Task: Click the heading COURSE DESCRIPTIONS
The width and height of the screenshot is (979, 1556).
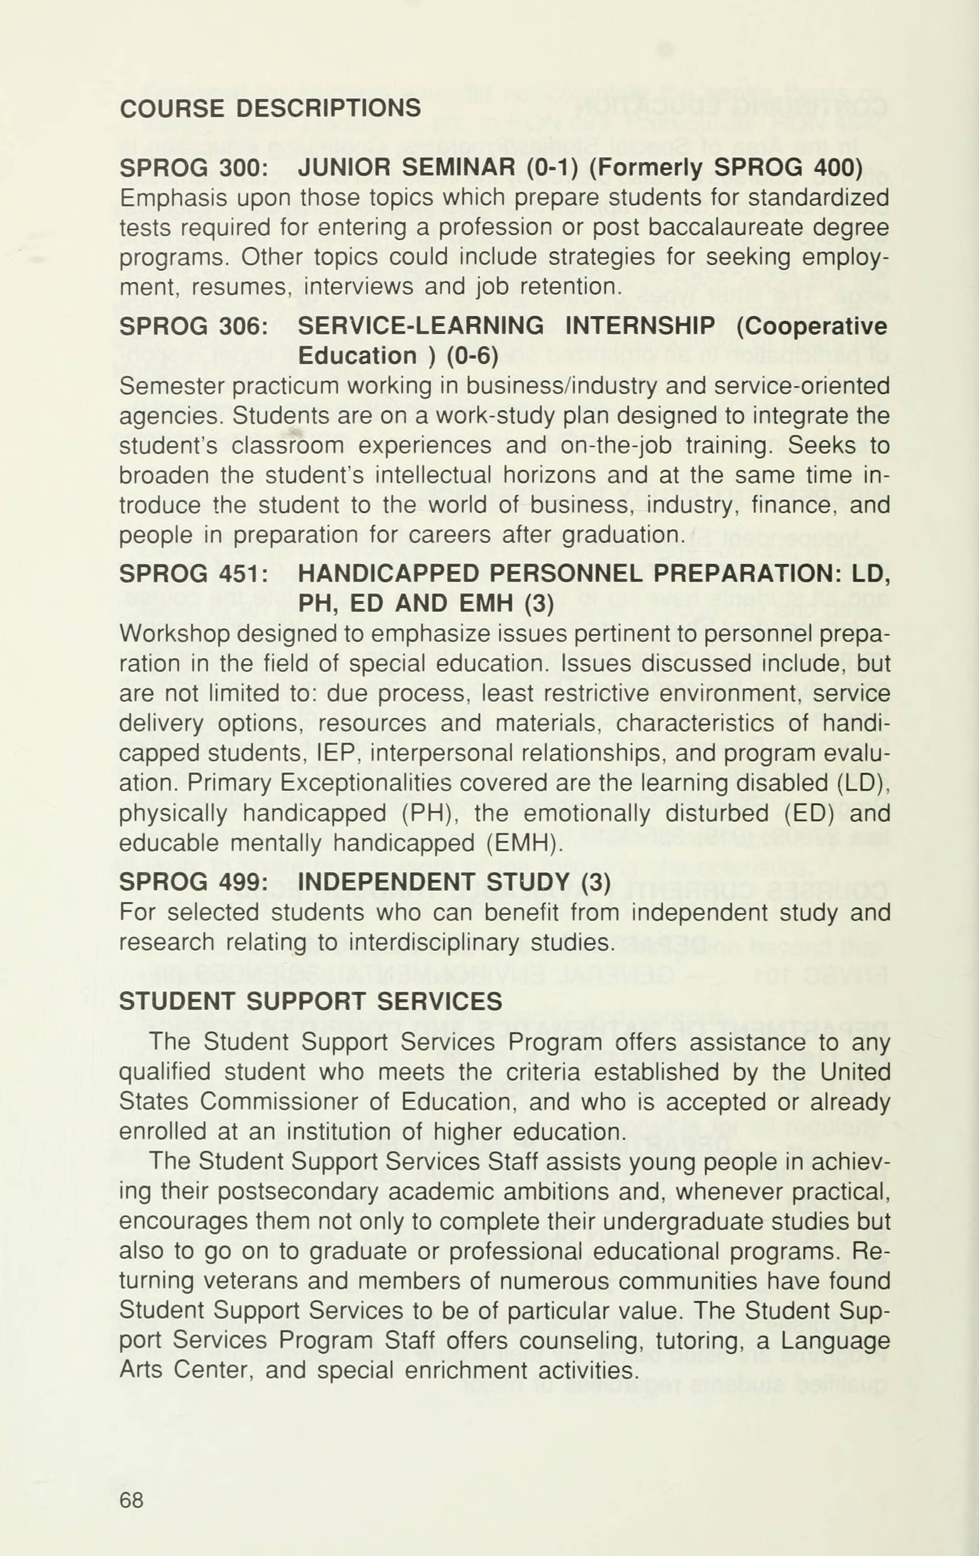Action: (270, 108)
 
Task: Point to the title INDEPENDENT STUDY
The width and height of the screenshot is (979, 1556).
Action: (435, 882)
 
